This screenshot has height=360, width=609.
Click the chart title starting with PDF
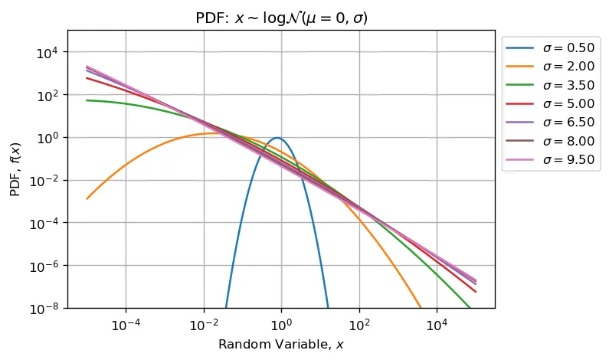tap(281, 17)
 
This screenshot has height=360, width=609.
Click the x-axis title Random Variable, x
tap(281, 345)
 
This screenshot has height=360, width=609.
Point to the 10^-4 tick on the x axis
tap(126, 323)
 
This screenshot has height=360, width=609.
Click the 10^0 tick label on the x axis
tap(281, 323)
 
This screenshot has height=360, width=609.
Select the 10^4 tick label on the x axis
tap(437, 323)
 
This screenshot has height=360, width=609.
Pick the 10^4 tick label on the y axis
tap(47, 52)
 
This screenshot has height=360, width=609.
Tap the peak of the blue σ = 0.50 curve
tap(277, 139)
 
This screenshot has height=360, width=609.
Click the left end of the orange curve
tap(87, 198)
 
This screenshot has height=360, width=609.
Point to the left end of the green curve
tap(87, 100)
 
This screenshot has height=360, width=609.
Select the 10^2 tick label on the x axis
tap(359, 323)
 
